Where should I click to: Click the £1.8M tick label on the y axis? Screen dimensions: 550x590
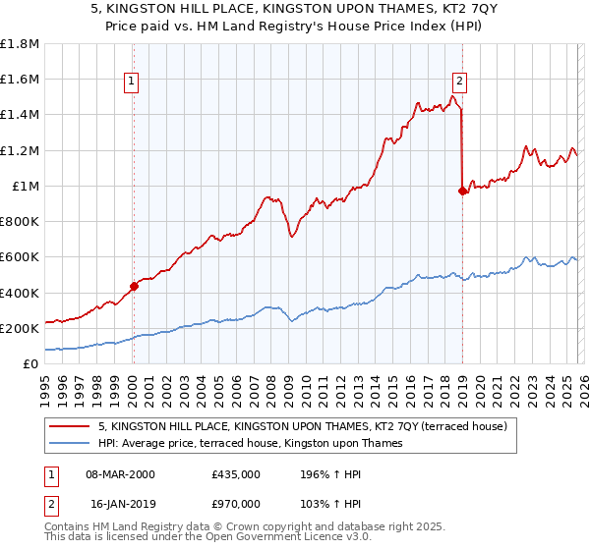[20, 44]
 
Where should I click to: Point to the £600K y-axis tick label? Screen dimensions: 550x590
[20, 257]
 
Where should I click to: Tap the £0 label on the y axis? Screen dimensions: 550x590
[29, 364]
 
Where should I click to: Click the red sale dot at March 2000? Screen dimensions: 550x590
[134, 287]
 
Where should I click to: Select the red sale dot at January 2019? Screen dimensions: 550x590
[462, 192]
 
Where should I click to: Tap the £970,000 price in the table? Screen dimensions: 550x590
[235, 503]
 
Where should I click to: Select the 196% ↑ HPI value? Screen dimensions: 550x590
[323, 474]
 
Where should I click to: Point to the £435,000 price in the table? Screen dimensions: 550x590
[235, 474]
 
